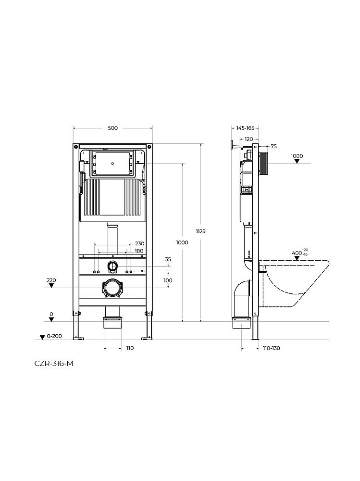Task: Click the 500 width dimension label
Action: (x=112, y=128)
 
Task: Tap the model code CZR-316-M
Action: (x=54, y=364)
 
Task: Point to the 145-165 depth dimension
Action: (x=245, y=128)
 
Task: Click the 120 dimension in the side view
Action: (x=248, y=139)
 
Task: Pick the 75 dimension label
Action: (x=273, y=146)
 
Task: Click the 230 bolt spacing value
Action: (x=139, y=243)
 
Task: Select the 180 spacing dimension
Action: (x=139, y=251)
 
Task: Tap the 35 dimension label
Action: (x=168, y=260)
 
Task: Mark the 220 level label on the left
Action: (x=51, y=279)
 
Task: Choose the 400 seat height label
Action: (x=297, y=253)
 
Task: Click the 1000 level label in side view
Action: (x=297, y=155)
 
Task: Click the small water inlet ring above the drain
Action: (x=112, y=266)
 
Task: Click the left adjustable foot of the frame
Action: (x=76, y=327)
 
